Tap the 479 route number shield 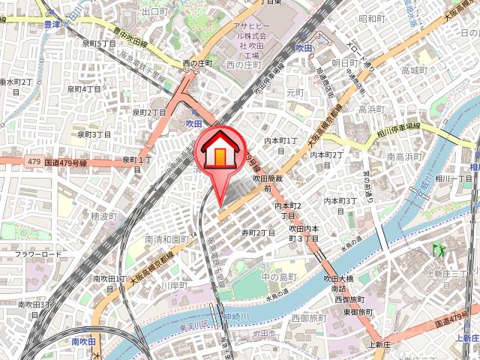coord(32,161)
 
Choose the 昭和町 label coord(371,19)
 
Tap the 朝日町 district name coord(346,63)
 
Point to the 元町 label coord(295,92)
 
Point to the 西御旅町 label coord(349,299)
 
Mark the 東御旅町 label coord(358,311)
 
